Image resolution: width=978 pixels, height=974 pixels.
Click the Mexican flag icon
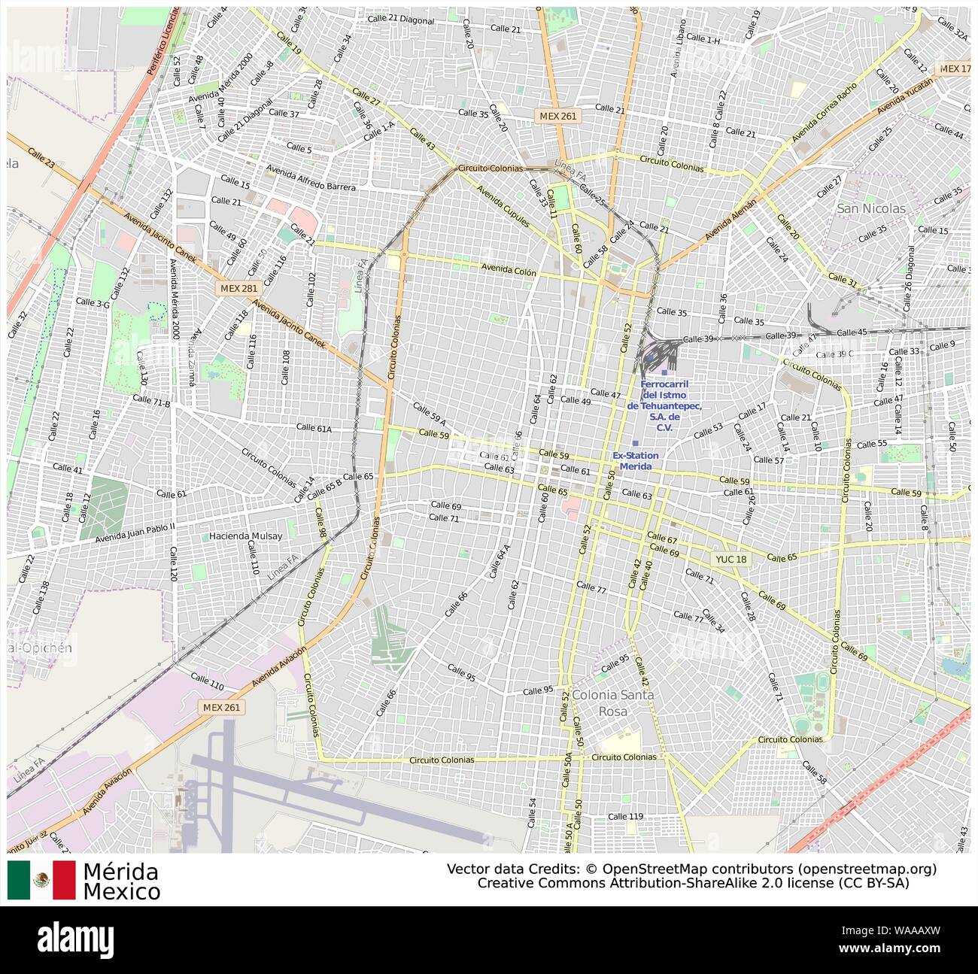coord(41,880)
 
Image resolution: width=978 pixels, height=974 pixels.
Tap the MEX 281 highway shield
coord(238,288)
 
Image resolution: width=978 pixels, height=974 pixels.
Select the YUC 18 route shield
coord(732,559)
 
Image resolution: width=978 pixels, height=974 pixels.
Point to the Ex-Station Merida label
coord(635,461)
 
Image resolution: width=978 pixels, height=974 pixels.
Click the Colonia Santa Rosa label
coord(612,702)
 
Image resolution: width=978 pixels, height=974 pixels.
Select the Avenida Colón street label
coord(509,270)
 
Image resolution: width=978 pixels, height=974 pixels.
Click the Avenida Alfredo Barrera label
coord(310,182)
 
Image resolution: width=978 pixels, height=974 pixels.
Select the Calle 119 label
coord(626,816)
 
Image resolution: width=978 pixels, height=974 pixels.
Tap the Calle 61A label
coord(314,427)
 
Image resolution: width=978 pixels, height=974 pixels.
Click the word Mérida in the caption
coord(120,872)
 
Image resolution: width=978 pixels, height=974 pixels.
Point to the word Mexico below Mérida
coord(122,892)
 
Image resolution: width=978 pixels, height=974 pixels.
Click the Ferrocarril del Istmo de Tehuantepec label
coord(664,405)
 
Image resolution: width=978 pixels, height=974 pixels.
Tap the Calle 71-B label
coord(151,401)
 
